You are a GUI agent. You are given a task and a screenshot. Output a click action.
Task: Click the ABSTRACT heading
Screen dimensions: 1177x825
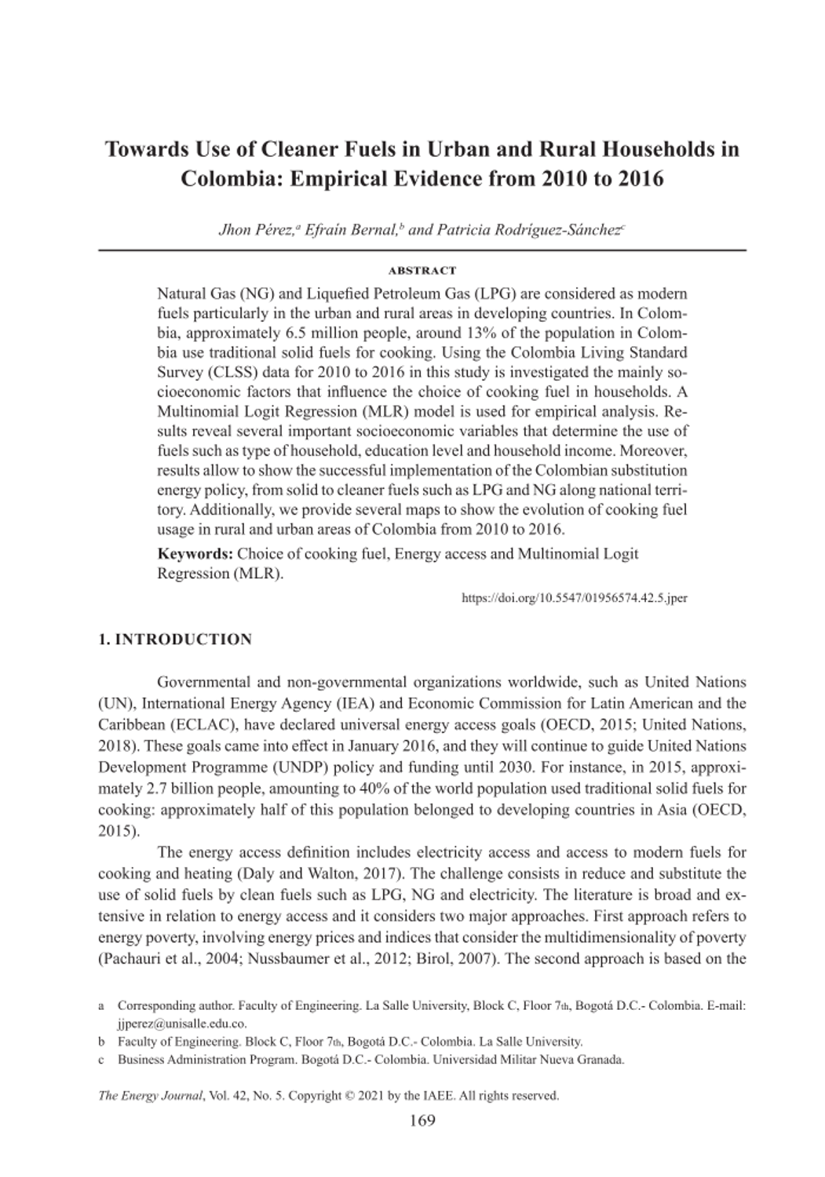pos(422,271)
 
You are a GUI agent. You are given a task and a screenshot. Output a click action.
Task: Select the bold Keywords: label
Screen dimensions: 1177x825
pos(195,553)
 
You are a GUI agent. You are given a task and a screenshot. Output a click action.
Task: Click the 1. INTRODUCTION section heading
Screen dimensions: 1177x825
pos(175,640)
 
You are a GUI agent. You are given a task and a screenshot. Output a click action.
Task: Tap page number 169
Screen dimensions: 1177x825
pos(422,1121)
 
